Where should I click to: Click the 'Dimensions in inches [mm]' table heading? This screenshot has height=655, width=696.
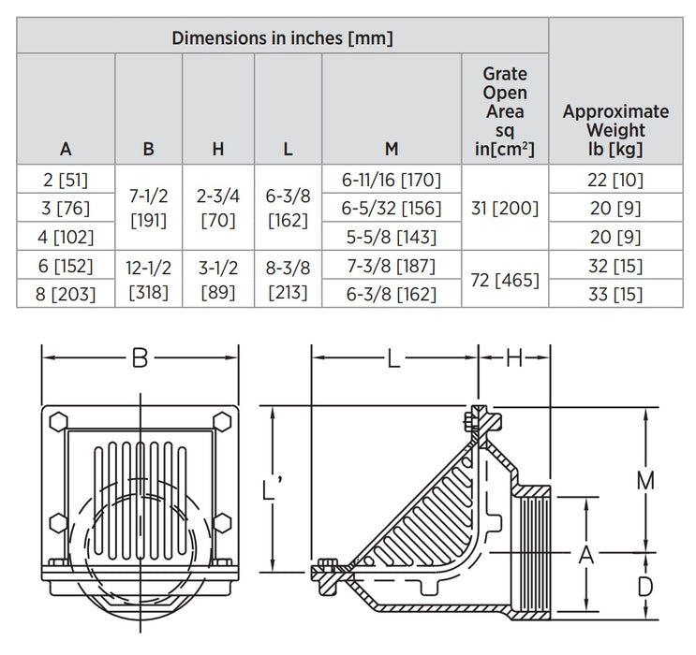click(x=282, y=38)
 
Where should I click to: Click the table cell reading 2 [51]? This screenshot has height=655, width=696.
click(x=66, y=180)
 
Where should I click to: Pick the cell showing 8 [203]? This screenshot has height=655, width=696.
click(x=66, y=295)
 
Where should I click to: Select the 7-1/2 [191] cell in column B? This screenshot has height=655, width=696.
click(x=148, y=209)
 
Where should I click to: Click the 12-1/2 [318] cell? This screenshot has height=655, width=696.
click(x=148, y=280)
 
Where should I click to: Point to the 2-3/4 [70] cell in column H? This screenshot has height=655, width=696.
click(x=218, y=209)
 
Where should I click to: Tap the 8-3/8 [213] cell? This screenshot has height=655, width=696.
click(x=288, y=280)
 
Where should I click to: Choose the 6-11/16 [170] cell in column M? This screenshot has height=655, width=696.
click(x=392, y=180)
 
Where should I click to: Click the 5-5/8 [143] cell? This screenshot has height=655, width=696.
click(x=392, y=237)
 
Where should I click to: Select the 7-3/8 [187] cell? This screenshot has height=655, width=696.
click(x=392, y=266)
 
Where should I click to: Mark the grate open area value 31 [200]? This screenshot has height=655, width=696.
click(x=504, y=209)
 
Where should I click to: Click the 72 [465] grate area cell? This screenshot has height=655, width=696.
click(x=504, y=280)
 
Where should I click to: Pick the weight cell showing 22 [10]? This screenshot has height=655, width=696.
click(x=615, y=180)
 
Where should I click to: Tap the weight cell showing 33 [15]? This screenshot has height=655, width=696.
click(x=615, y=295)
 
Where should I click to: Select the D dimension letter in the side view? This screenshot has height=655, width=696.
click(x=644, y=588)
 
